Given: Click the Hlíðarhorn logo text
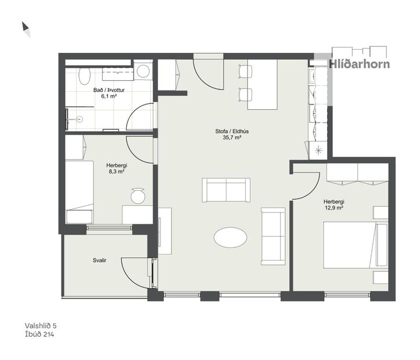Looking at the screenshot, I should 360,64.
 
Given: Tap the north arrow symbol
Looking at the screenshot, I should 26,28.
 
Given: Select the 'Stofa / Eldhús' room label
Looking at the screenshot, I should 228,131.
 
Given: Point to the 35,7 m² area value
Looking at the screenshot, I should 228,138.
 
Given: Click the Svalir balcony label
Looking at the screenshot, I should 99,261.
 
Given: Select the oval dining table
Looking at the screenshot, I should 230,236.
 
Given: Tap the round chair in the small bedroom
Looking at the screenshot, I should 138,196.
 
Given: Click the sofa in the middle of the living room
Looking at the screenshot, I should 226,190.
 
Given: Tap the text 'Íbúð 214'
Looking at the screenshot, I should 40,334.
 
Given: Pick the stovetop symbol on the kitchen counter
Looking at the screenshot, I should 318,150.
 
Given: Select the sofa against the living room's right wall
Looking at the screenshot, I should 274,235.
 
